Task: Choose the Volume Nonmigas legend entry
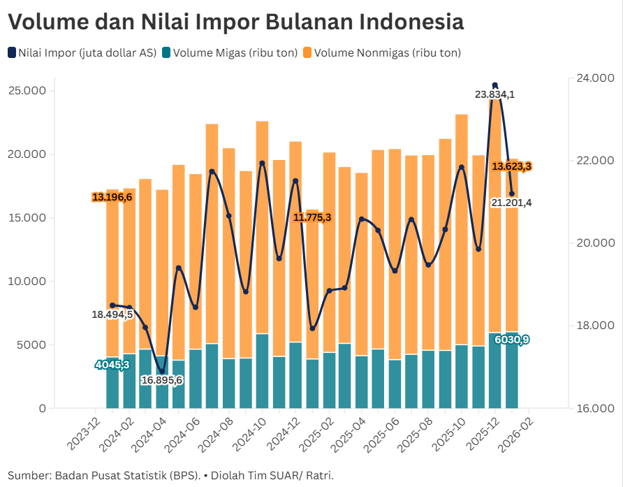pyautogui.click(x=387, y=52)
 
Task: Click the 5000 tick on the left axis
pyautogui.click(x=31, y=345)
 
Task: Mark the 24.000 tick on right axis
pyautogui.click(x=592, y=78)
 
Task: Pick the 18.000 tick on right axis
pyautogui.click(x=592, y=326)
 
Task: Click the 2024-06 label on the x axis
pyautogui.click(x=184, y=435)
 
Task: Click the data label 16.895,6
pyautogui.click(x=161, y=380)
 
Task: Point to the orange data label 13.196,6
pyautogui.click(x=112, y=197)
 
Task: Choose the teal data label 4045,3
pyautogui.click(x=112, y=365)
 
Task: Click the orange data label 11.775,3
pyautogui.click(x=312, y=217)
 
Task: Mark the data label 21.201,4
pyautogui.click(x=511, y=203)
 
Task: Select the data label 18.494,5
pyautogui.click(x=112, y=315)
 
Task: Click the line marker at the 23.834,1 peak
pyautogui.click(x=495, y=85)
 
